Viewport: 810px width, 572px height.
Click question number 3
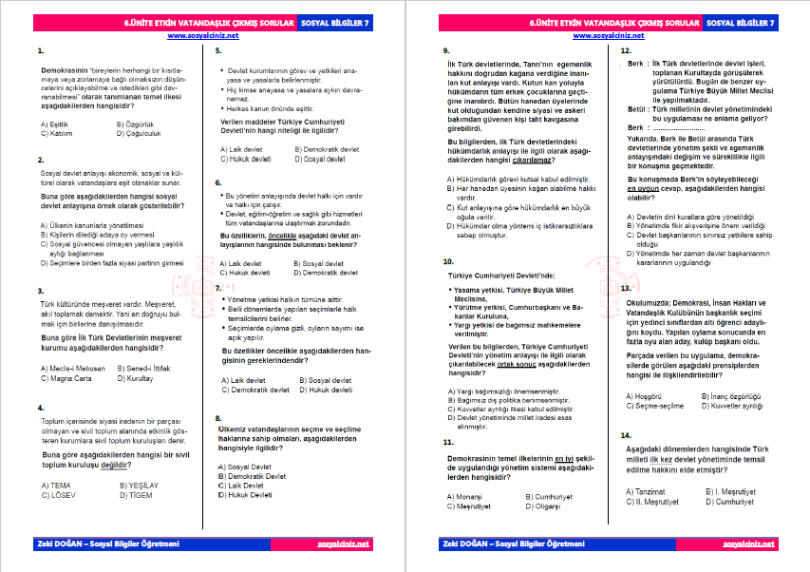pos(38,291)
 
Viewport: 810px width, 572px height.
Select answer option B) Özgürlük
pos(134,124)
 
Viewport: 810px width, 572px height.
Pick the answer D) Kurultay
pos(138,378)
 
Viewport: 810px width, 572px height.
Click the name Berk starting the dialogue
pos(636,63)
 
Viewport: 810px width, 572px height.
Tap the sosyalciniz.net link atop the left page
pos(202,36)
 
